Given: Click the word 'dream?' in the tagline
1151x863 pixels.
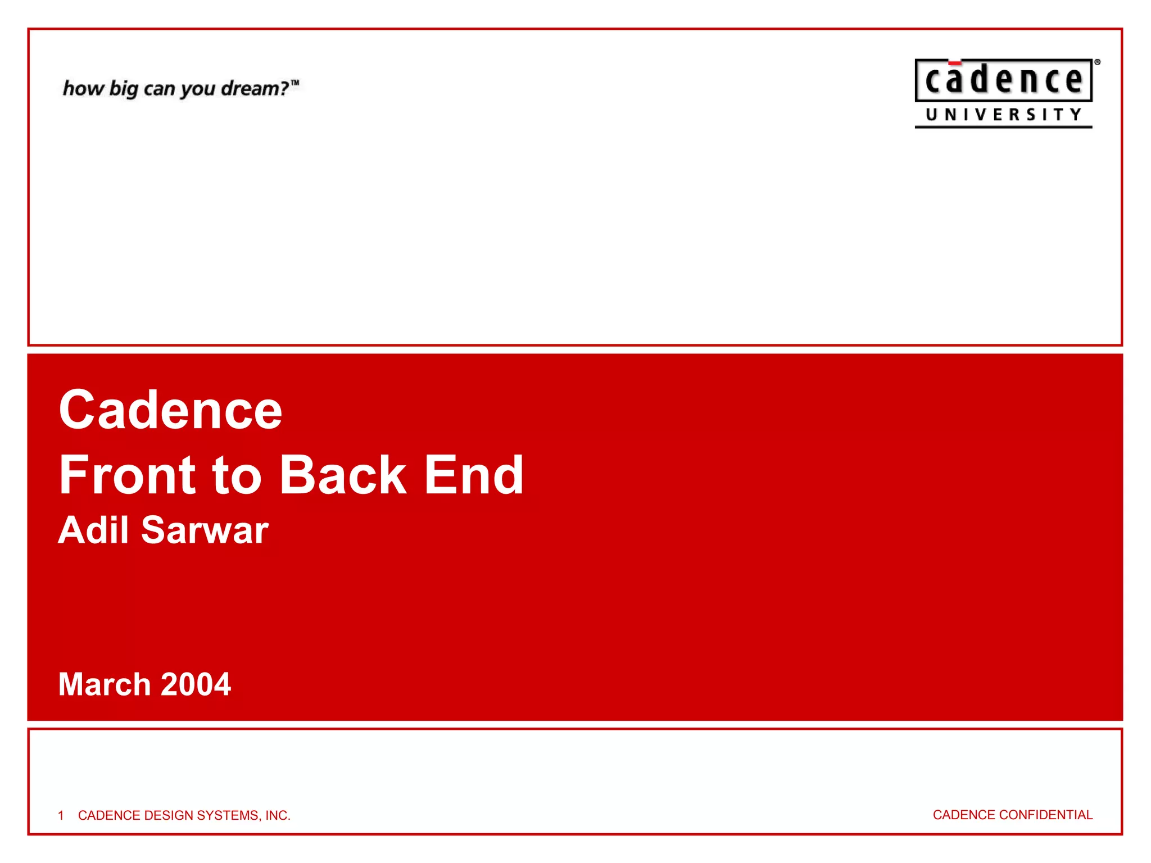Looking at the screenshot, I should click(254, 89).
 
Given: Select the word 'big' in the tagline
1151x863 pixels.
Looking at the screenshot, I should click(123, 89).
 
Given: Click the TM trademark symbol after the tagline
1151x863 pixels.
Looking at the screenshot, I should click(295, 83).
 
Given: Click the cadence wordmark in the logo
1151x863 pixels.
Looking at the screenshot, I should click(1003, 80).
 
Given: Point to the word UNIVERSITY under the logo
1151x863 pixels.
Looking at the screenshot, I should click(1003, 115).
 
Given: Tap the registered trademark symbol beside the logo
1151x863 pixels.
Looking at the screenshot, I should click(1097, 62).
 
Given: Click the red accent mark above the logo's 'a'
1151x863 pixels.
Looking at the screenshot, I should click(954, 63).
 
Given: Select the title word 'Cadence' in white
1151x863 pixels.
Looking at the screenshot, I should click(170, 410).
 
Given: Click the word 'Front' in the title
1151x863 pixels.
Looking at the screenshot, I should click(128, 475).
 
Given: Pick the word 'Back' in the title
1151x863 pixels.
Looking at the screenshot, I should click(343, 475).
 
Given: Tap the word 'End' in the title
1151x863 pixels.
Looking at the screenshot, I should click(474, 475).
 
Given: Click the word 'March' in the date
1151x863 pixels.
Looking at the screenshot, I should click(105, 684).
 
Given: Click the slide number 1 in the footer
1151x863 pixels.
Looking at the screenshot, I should click(61, 815).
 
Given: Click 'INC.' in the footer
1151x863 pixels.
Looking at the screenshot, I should click(278, 815).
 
